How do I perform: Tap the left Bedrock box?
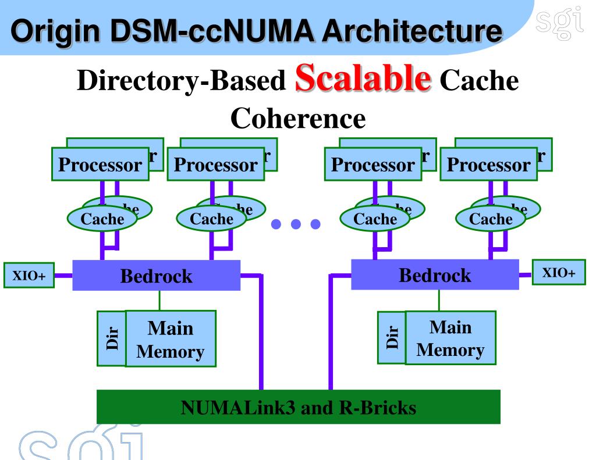[156, 275]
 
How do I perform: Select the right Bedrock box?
[435, 274]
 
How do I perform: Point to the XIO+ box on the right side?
[559, 273]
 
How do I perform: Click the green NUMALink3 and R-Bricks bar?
[298, 407]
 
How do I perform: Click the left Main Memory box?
[171, 339]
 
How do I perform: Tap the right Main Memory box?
[450, 338]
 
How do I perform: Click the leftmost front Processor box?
[100, 165]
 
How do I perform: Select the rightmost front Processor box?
[489, 165]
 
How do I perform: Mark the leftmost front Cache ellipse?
[102, 219]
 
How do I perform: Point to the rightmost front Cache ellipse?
[491, 219]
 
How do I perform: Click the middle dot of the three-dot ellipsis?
[296, 224]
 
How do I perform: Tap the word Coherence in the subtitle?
[298, 119]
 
